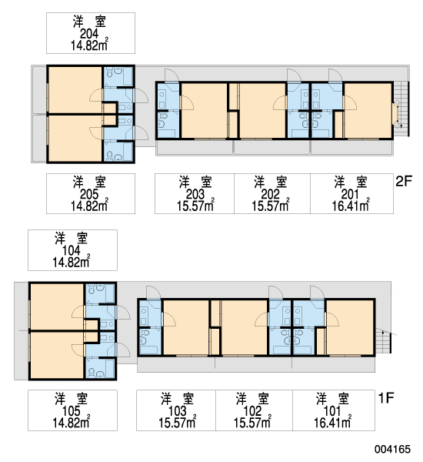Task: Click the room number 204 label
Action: point(89,34)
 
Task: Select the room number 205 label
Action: point(89,195)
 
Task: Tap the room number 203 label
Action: point(195,195)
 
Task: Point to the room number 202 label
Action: point(270,195)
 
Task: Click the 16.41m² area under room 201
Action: point(351,206)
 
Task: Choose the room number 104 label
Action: point(71,251)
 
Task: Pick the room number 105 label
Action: point(71,411)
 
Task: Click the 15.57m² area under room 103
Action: point(178,422)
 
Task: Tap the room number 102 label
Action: point(252,411)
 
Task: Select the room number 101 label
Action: point(332,411)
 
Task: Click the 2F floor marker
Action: point(404,181)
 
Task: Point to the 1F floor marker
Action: point(385,398)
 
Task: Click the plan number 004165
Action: point(392,449)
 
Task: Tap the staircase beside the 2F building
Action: point(401,109)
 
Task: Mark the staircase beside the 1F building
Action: point(383,340)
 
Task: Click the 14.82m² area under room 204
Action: point(89,45)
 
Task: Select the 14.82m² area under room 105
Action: point(72,422)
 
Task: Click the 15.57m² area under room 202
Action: point(271,206)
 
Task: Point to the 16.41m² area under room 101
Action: point(332,422)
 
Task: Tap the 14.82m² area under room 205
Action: point(89,206)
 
